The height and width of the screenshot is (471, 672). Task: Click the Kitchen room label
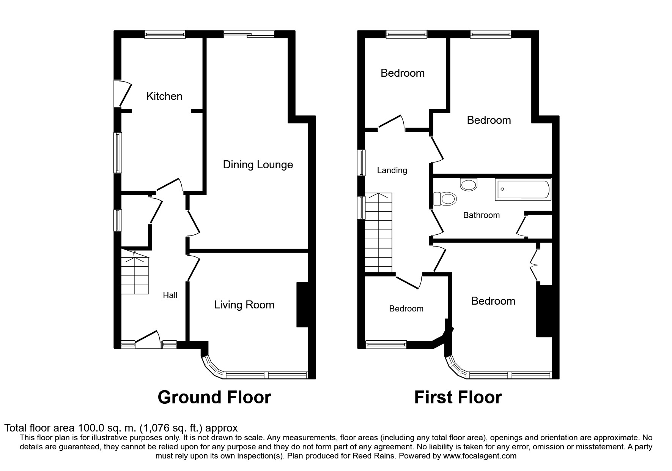164,96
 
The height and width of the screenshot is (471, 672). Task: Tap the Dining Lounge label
258,164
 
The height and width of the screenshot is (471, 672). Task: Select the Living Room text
244,305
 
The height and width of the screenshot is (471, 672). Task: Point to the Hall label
170,295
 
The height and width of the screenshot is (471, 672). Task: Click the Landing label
392,170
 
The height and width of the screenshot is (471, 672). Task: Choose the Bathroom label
481,215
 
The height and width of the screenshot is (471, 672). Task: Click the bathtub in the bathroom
522,190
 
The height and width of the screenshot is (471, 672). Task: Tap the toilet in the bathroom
445,199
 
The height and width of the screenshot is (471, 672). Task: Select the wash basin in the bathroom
469,185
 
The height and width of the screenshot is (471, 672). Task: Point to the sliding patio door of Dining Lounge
249,35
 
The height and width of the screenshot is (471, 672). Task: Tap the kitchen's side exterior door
122,93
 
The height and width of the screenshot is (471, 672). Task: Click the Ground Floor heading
214,397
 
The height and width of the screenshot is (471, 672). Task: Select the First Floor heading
458,397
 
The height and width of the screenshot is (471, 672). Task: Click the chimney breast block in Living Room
302,304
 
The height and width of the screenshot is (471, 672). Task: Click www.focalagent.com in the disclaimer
480,456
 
